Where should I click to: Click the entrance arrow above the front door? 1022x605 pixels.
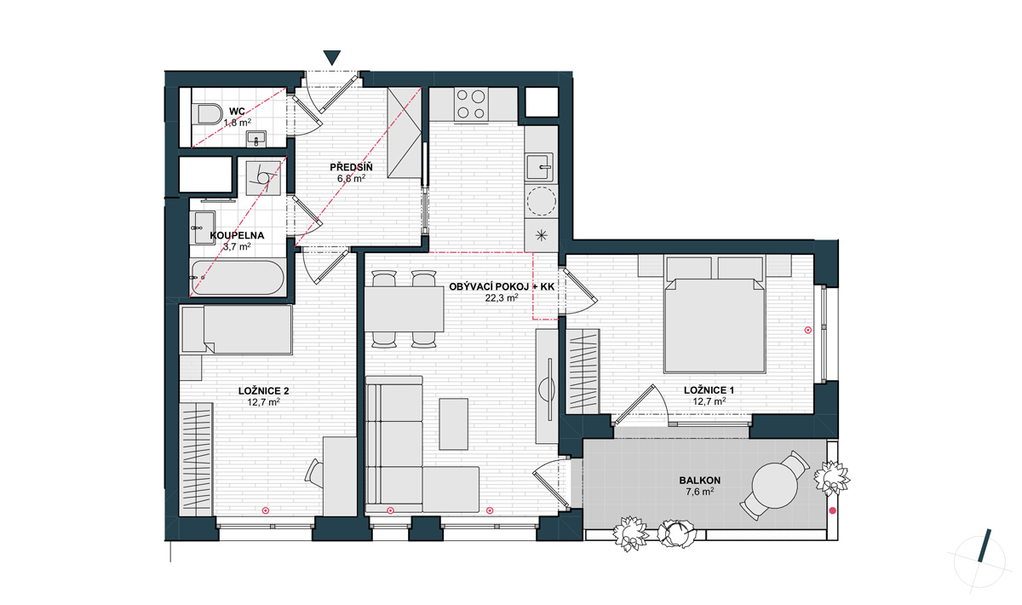tap(332, 57)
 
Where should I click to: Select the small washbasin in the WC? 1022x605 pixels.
tap(256, 139)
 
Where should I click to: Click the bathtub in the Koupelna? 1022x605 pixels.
tap(238, 277)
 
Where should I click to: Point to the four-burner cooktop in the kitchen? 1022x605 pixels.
tap(471, 104)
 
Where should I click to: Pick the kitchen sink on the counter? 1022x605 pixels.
tap(541, 167)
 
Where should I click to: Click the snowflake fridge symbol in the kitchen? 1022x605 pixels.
tap(541, 235)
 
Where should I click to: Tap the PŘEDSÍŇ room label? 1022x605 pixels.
tap(351, 167)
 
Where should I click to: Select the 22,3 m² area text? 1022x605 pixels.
tap(502, 298)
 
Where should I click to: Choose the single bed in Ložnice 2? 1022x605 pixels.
tap(237, 330)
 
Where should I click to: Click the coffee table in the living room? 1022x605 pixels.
tap(453, 424)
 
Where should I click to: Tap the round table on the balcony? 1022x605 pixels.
tap(775, 486)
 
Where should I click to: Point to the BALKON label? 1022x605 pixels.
tap(699, 481)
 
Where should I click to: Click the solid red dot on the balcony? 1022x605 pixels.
tap(833, 510)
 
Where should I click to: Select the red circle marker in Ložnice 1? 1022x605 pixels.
tap(808, 330)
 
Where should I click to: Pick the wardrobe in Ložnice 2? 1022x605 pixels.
tap(197, 459)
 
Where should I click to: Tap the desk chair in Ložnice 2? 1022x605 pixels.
tap(315, 471)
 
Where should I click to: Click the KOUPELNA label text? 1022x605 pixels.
tap(237, 235)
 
